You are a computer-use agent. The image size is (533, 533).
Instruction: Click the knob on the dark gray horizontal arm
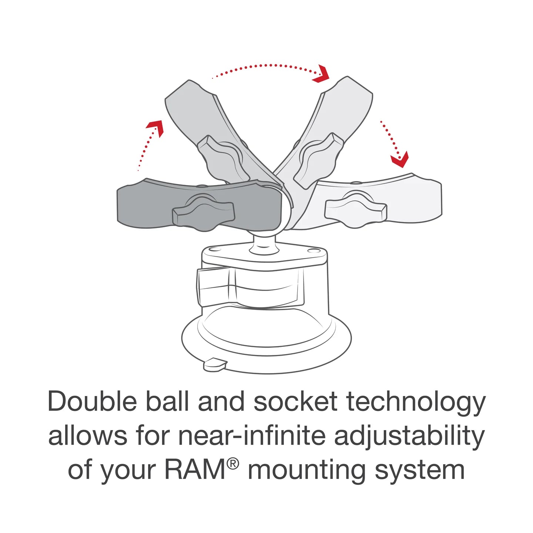point(203,213)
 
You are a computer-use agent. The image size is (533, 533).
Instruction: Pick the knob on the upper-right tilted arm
point(318,159)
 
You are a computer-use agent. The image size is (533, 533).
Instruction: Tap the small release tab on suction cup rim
point(215,364)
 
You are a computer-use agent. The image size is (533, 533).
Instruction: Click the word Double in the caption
point(92,402)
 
